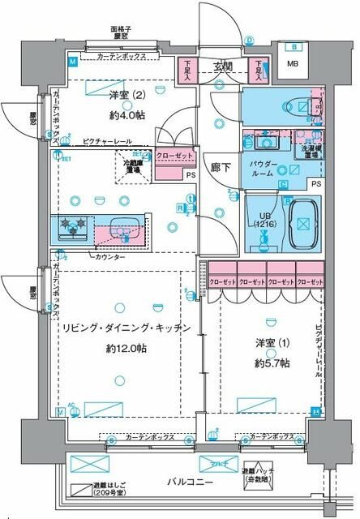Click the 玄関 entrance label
click(224, 66)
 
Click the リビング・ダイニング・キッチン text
click(125, 328)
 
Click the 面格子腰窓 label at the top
click(122, 33)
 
